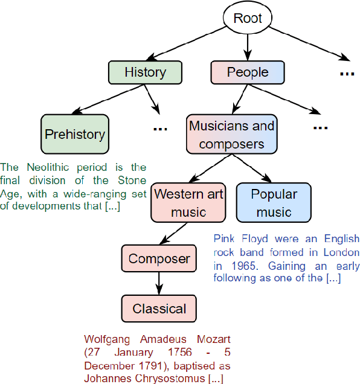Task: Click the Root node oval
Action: tap(248, 18)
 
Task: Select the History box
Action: tap(145, 72)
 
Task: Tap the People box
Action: tap(247, 72)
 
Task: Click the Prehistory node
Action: tap(75, 134)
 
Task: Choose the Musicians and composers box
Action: tap(231, 135)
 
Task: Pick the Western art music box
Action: tap(188, 203)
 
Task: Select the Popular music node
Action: tap(274, 203)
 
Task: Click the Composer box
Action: tap(159, 258)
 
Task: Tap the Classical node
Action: tap(159, 309)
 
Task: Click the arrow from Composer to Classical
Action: tap(159, 283)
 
